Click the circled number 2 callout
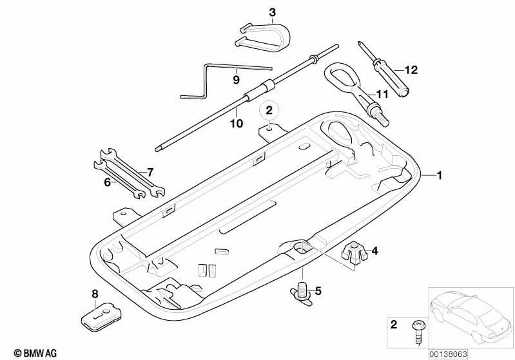(x=269, y=110)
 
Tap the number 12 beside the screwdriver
(x=411, y=70)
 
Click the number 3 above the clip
(x=272, y=12)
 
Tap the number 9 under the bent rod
(x=236, y=80)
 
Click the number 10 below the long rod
(x=236, y=124)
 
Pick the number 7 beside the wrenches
(x=150, y=172)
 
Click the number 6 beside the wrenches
(x=108, y=182)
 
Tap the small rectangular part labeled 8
(x=101, y=318)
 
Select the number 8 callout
(x=95, y=294)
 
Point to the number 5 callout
(x=318, y=290)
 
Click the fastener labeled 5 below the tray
(x=301, y=292)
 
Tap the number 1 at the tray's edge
(x=440, y=175)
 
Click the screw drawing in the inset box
(x=418, y=332)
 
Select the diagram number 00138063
(x=449, y=354)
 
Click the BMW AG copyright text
(x=35, y=353)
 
